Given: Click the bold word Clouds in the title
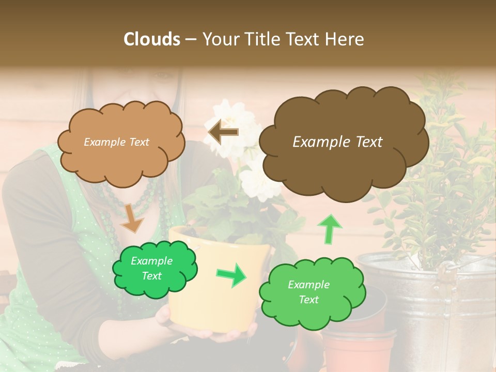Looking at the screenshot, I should click(x=151, y=39).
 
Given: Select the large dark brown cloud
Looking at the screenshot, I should click(x=343, y=142).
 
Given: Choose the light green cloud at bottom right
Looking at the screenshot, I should click(x=312, y=292).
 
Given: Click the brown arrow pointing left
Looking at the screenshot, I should click(x=223, y=132).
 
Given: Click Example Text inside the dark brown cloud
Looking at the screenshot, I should click(x=337, y=142).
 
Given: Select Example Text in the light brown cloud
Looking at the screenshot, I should click(x=116, y=142).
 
